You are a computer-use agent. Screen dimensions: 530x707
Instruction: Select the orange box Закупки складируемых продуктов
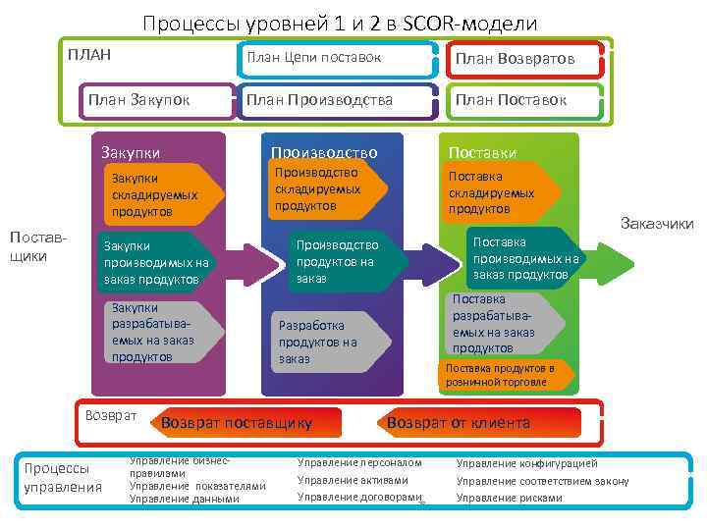(157, 194)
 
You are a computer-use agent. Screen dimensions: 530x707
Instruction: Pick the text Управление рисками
(510, 498)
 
